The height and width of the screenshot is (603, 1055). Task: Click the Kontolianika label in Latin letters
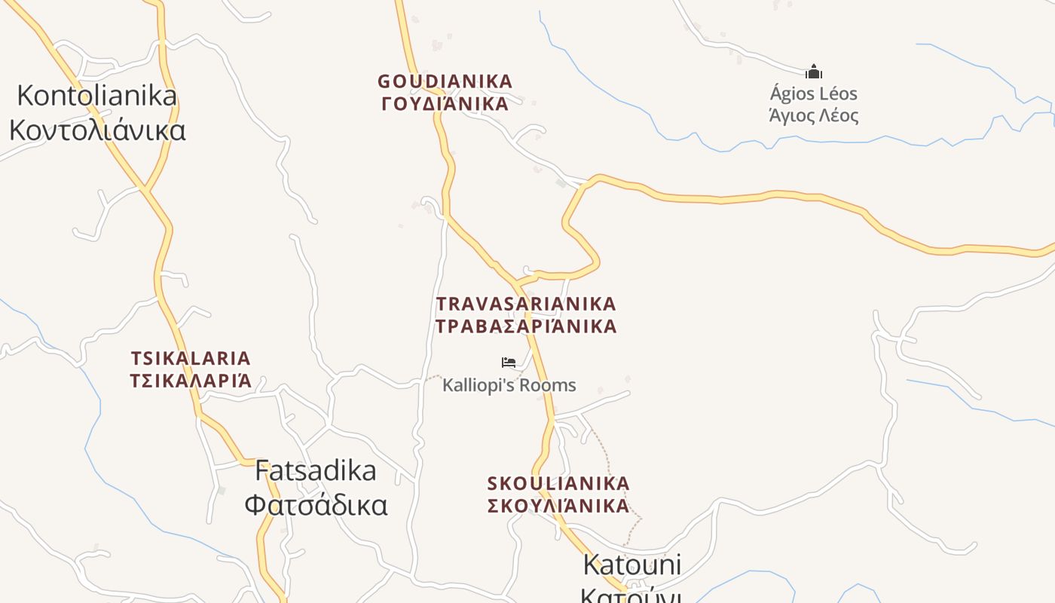pyautogui.click(x=96, y=96)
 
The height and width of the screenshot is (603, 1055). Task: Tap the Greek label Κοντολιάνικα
pyautogui.click(x=97, y=130)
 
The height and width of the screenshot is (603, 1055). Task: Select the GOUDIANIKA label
pyautogui.click(x=445, y=81)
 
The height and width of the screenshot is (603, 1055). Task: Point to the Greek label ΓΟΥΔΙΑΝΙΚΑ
pyautogui.click(x=445, y=104)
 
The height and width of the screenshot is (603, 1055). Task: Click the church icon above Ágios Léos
pyautogui.click(x=813, y=72)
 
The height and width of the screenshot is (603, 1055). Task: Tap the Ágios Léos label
pyautogui.click(x=813, y=94)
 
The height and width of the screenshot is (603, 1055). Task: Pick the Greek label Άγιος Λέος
pyautogui.click(x=813, y=116)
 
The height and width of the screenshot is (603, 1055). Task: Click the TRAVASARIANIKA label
pyautogui.click(x=526, y=304)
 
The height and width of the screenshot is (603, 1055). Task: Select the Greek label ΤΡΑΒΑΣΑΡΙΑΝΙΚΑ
pyautogui.click(x=526, y=326)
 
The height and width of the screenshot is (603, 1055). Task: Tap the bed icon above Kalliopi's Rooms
pyautogui.click(x=509, y=363)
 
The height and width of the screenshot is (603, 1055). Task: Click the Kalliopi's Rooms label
pyautogui.click(x=509, y=385)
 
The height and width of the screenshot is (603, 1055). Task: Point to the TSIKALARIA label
pyautogui.click(x=191, y=358)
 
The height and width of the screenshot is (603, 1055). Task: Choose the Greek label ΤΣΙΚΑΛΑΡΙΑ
pyautogui.click(x=191, y=381)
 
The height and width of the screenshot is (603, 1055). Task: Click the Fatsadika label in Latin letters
pyautogui.click(x=316, y=471)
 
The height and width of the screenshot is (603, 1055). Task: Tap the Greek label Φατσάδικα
pyautogui.click(x=316, y=505)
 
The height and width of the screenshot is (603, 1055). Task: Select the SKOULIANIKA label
pyautogui.click(x=558, y=483)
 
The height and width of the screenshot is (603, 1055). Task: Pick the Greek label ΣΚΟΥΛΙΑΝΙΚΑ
pyautogui.click(x=558, y=506)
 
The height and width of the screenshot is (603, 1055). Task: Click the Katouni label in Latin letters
pyautogui.click(x=631, y=565)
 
